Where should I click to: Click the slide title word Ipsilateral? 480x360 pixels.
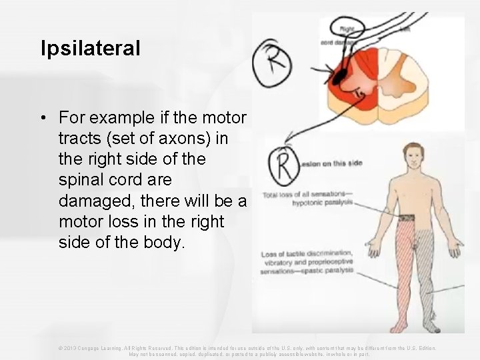(x=90, y=48)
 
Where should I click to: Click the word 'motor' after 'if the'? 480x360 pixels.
(x=225, y=118)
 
